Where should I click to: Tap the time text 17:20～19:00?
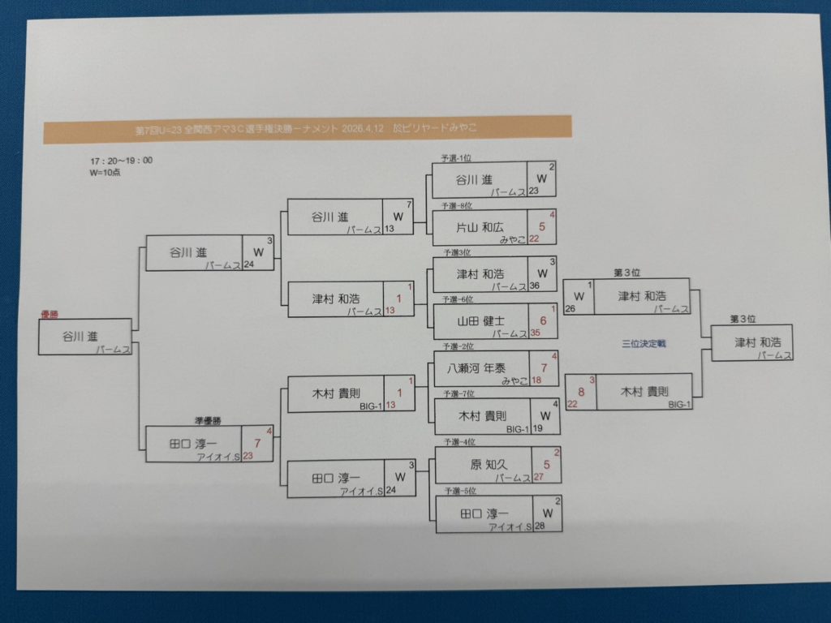121,161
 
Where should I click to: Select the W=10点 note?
105,172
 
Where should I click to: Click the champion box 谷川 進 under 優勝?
84,337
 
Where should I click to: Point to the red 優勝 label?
50,314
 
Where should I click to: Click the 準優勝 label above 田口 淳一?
209,421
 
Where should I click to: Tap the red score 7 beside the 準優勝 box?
257,443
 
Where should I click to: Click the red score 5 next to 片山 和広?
542,227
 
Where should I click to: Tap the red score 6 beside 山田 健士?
543,321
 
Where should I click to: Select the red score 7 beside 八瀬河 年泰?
544,368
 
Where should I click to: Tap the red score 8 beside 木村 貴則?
581,390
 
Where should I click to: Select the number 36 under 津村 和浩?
534,286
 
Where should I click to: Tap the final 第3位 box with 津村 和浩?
751,342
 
